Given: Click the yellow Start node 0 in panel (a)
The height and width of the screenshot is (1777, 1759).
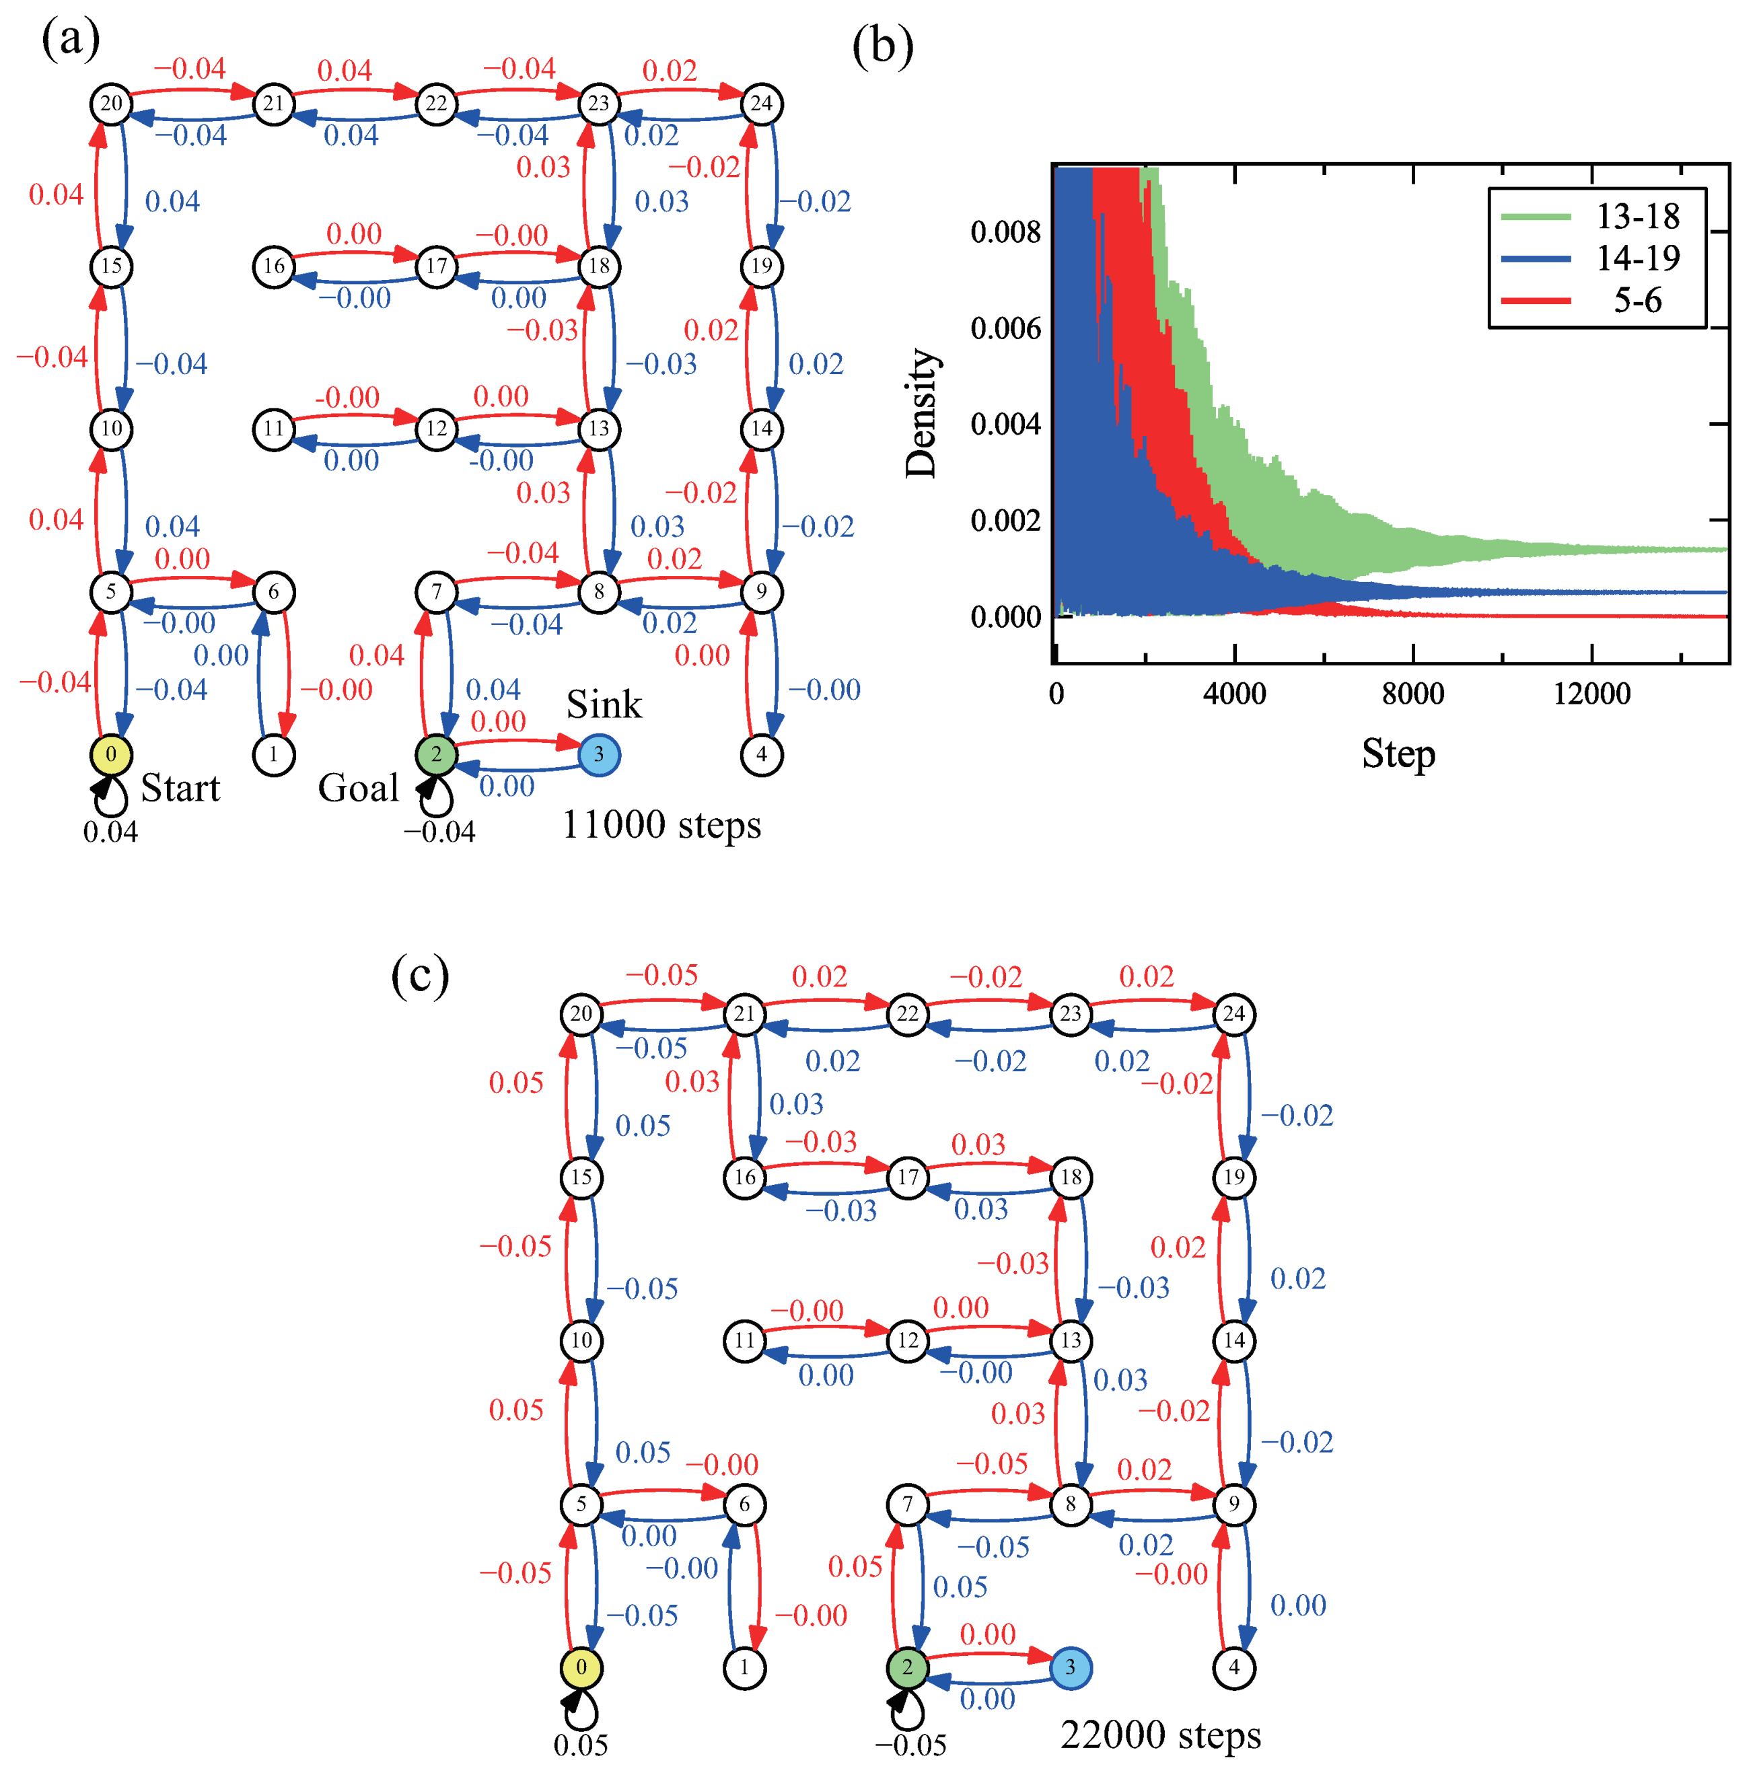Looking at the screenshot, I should [110, 755].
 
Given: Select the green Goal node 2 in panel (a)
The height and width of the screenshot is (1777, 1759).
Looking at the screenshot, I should [436, 755].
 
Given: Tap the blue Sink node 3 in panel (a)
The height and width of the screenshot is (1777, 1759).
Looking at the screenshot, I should [599, 755].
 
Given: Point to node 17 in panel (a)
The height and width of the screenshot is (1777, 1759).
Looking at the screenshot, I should [436, 266].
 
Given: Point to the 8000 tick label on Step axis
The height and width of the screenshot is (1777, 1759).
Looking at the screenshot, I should [1412, 694].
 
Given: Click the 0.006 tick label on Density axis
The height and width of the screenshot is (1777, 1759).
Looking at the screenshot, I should [1005, 328].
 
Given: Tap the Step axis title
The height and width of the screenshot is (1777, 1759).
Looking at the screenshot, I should [1398, 754].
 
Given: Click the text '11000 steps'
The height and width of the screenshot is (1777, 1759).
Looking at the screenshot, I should [661, 825].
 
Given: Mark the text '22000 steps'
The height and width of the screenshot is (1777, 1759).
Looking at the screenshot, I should [1160, 1735].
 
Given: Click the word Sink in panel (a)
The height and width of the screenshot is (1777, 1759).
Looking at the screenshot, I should [604, 704].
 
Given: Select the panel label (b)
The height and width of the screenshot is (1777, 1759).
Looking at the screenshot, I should [882, 46].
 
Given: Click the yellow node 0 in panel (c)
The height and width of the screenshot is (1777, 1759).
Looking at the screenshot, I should [581, 1667].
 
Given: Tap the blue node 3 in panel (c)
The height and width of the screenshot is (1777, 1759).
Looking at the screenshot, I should [1069, 1667].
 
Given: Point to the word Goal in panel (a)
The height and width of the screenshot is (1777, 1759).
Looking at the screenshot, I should [358, 788].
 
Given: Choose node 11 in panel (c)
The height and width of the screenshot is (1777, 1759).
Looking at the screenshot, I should [744, 1340].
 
